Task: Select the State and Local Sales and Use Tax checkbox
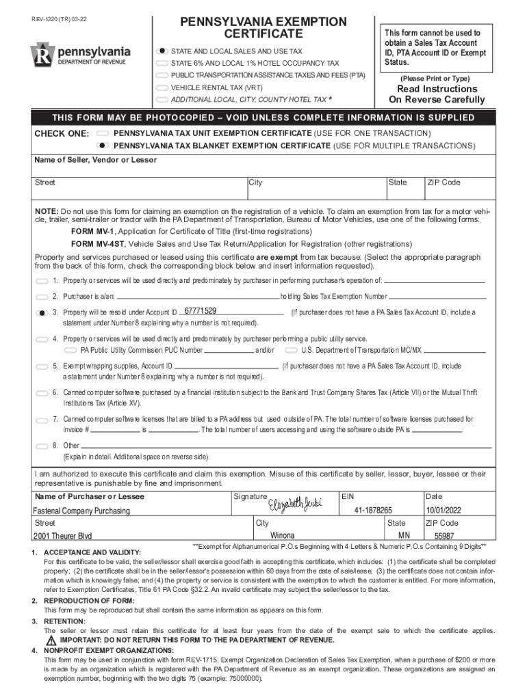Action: [x=162, y=51]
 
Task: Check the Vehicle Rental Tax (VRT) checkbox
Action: [x=162, y=88]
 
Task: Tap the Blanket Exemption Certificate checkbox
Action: [x=103, y=146]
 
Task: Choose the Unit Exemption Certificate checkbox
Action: [x=103, y=133]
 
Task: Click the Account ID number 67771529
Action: [x=201, y=311]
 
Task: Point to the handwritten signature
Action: [x=294, y=504]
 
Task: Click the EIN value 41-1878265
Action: [x=373, y=510]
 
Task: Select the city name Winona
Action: [x=283, y=535]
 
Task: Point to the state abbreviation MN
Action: [x=404, y=535]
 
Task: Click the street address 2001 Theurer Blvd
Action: [x=62, y=536]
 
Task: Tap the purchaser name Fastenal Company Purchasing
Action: [x=81, y=511]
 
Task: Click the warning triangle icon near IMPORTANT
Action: [x=51, y=641]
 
